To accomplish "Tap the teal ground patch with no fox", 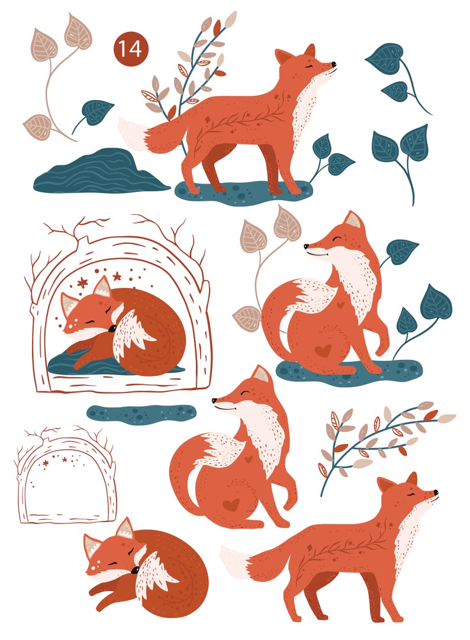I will pos(141,413).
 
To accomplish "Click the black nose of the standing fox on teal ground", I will pos(334,64).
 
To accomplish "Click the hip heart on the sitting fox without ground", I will pos(233,504).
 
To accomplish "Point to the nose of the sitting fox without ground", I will pos(214,401).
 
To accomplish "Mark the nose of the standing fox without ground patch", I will pos(436,492).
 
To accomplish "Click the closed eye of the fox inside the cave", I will pos(92,320).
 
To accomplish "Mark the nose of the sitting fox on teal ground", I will pos(306,246).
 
